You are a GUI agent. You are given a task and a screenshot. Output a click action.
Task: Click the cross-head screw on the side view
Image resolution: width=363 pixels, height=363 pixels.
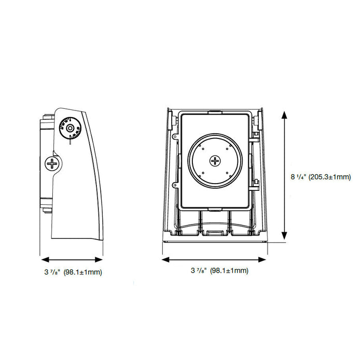click(52, 164)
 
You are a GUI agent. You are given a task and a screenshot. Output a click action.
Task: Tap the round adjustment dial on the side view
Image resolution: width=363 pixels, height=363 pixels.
click(69, 128)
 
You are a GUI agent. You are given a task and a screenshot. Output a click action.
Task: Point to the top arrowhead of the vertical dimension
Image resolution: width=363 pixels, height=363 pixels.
click(284, 113)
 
